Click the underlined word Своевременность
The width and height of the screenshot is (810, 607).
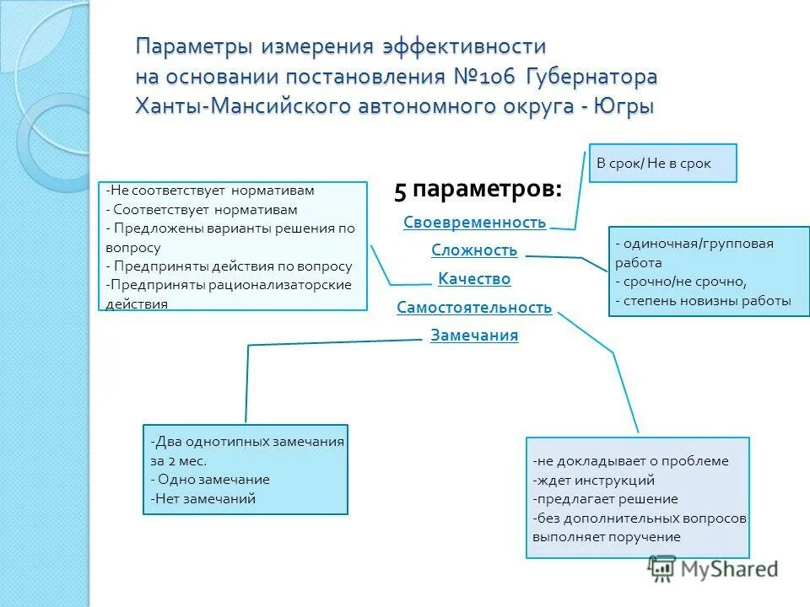[x=474, y=223]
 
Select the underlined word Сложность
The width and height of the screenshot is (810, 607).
[x=474, y=250]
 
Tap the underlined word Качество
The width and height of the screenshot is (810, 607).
[x=474, y=279]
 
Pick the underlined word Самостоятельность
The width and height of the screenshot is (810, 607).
[x=474, y=308]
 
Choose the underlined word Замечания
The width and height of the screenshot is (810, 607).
[x=474, y=336]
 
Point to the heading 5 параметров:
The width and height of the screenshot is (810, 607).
[x=478, y=191]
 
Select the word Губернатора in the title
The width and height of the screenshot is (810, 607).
[x=591, y=77]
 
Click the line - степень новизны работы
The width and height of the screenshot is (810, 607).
[x=703, y=300]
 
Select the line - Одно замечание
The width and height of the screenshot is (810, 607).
[x=210, y=479]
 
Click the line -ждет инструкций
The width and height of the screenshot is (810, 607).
[x=594, y=481]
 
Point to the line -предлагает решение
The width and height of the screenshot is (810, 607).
[x=605, y=499]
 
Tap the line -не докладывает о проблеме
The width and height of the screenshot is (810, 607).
[x=630, y=461]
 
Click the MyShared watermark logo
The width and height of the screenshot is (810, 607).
[x=713, y=568]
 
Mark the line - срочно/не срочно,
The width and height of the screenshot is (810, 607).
[x=681, y=282]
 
